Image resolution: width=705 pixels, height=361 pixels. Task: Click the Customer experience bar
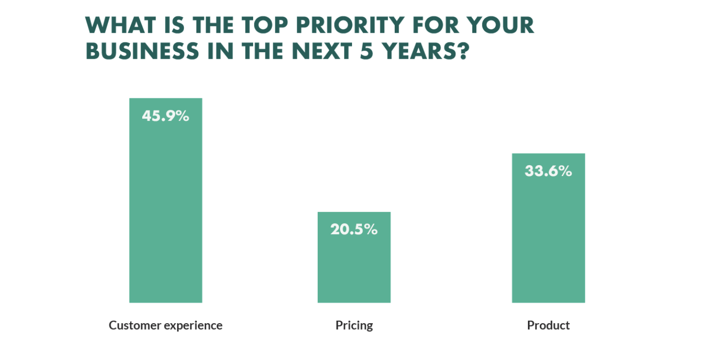pos(166,209)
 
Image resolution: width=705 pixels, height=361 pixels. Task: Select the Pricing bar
pos(354,264)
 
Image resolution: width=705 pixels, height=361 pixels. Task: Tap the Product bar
pos(548,234)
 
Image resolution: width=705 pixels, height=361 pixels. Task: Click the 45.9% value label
pos(166,116)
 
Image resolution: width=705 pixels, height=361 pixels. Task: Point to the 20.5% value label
pos(354,230)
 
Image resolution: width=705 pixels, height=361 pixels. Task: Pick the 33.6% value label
pos(548,172)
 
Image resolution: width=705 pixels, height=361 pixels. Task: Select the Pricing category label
pos(354,326)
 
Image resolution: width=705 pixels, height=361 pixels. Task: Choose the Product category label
pos(548,326)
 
